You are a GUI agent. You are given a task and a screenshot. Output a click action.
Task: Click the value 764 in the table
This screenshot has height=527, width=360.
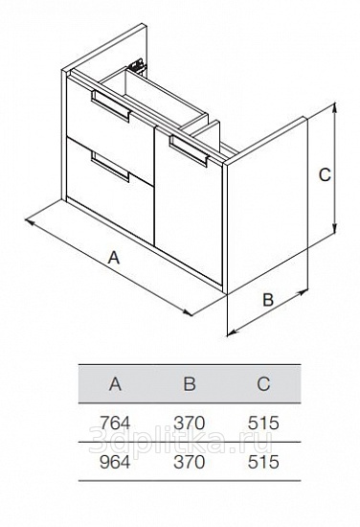pos(115,423)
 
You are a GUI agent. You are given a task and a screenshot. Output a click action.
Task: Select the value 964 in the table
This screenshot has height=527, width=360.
pos(115,462)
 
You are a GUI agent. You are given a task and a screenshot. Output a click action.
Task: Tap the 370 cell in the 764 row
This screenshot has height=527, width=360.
pos(189,423)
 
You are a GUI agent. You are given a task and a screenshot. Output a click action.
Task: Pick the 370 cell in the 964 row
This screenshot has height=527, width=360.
pos(189,462)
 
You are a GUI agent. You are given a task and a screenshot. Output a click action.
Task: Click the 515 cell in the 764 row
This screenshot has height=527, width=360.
pos(263,423)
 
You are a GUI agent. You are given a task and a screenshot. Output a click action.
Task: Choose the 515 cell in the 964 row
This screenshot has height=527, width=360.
pos(263,462)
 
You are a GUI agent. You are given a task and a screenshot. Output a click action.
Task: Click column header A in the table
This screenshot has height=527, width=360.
pos(115,384)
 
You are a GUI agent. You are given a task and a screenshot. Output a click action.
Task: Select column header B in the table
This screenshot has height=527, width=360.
pos(190,384)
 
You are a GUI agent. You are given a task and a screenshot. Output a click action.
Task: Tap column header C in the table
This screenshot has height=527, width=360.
pos(263,384)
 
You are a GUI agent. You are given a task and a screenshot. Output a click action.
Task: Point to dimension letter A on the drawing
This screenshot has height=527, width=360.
pos(114,258)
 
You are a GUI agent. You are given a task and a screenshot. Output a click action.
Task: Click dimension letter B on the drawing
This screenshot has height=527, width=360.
pos(268,300)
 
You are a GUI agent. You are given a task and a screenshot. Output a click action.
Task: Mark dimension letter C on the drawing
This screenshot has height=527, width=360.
pos(325,174)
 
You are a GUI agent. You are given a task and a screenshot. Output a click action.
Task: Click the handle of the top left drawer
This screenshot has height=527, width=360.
pos(110,106)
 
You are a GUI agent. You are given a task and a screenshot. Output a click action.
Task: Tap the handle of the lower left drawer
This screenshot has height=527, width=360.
pos(110,167)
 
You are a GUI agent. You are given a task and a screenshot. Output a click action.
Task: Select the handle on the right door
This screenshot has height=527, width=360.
pos(190,150)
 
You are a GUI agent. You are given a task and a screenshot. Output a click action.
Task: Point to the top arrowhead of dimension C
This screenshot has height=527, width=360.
pos(334,107)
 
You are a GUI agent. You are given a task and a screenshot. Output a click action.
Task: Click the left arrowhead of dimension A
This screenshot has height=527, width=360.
pos(31,222)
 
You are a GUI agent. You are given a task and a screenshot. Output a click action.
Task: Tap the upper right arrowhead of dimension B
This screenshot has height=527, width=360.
pos(303,291)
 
